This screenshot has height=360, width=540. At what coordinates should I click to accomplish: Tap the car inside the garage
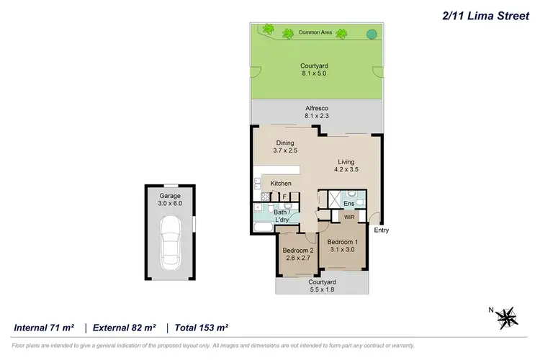[171, 240]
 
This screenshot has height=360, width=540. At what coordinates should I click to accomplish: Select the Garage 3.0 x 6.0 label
[171, 199]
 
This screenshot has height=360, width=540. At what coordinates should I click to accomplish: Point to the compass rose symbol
[508, 315]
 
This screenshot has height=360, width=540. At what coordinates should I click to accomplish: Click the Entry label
[382, 230]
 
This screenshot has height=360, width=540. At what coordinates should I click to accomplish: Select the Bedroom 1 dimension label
[343, 246]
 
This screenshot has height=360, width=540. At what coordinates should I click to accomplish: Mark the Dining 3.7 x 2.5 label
[285, 148]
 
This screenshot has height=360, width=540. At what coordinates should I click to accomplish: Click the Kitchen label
[281, 184]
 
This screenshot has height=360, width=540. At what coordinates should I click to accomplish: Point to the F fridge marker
[284, 197]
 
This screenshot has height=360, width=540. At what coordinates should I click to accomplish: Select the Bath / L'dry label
[282, 216]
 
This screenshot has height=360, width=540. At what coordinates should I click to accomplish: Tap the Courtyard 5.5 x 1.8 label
[323, 287]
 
